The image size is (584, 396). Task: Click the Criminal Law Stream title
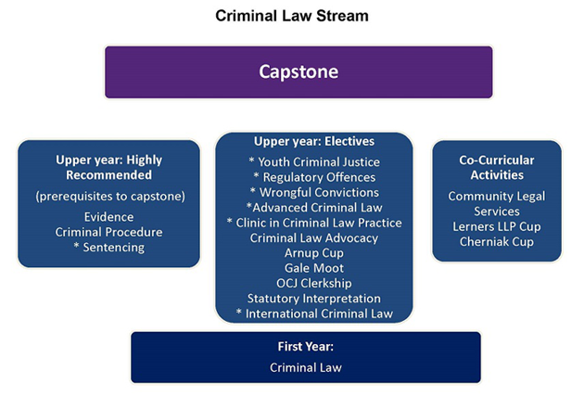[x=292, y=16]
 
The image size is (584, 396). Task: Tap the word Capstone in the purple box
[x=298, y=71]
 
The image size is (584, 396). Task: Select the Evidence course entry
[x=108, y=217]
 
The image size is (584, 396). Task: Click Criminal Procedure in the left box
[x=108, y=232]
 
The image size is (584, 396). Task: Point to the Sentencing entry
[x=108, y=248]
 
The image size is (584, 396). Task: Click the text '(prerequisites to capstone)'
[x=110, y=197]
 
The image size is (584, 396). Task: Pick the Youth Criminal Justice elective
[x=314, y=162]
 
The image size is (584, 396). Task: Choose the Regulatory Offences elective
[x=314, y=177]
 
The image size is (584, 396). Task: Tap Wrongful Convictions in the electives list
[x=314, y=192]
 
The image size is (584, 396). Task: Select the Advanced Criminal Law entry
[x=314, y=208]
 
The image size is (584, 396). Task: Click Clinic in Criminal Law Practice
[x=314, y=223]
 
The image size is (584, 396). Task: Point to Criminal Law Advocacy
[x=314, y=238]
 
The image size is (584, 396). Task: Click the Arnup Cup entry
[x=314, y=253]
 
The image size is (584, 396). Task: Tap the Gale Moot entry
[x=314, y=268]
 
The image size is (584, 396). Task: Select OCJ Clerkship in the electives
[x=314, y=283]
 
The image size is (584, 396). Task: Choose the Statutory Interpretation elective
[x=314, y=299]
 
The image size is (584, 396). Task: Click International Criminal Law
[x=314, y=313]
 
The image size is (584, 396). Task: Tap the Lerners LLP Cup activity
[x=497, y=226]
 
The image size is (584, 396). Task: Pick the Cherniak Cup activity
[x=497, y=242]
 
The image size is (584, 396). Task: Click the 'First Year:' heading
[x=306, y=347]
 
